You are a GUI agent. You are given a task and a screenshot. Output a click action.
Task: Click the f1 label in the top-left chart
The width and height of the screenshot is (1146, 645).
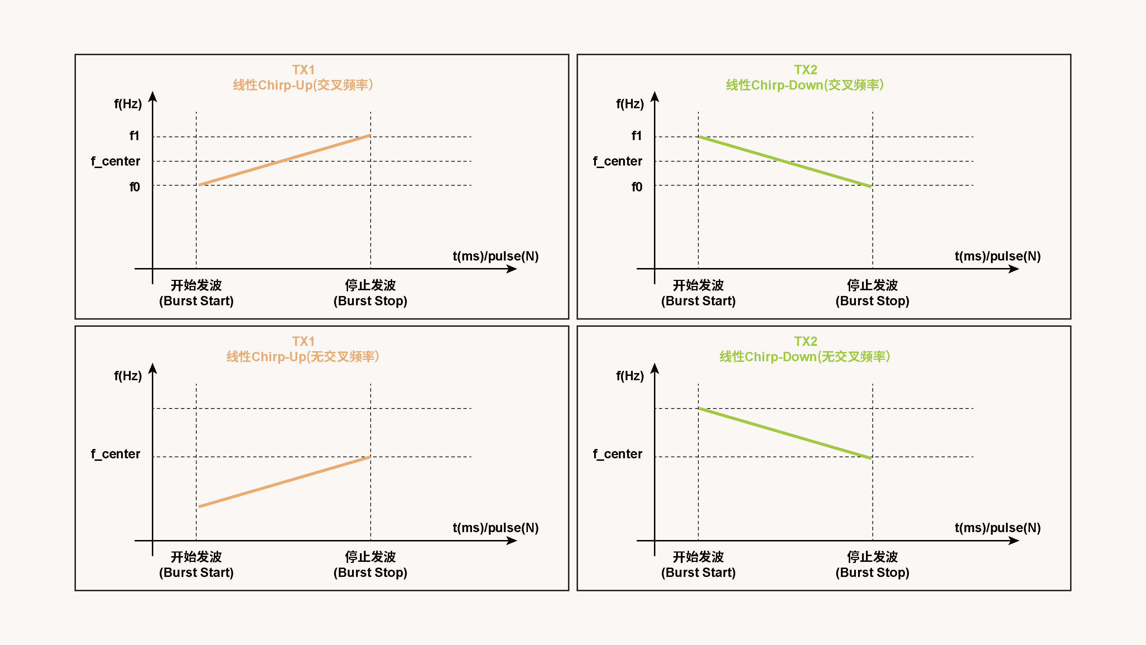(x=134, y=136)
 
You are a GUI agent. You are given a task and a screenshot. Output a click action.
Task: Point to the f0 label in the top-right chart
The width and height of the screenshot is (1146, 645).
(x=637, y=187)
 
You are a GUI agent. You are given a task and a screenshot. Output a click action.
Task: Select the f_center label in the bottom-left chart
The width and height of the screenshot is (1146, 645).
(x=116, y=454)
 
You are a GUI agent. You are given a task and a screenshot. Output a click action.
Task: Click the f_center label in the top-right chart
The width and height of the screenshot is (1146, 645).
(x=617, y=161)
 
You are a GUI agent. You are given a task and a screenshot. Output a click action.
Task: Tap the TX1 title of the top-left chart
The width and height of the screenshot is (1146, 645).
(x=303, y=70)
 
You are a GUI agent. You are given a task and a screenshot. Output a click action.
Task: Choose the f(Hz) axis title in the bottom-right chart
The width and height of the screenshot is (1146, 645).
(x=630, y=376)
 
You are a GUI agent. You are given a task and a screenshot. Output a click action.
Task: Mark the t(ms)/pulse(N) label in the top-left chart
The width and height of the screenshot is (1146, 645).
(x=496, y=257)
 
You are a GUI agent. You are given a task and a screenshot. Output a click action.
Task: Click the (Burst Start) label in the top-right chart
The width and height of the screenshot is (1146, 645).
(x=698, y=301)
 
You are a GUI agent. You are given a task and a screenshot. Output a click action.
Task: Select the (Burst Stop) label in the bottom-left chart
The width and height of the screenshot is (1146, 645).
(x=371, y=573)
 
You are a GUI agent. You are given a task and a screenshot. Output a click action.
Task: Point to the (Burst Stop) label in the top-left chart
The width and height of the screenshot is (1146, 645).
(x=371, y=301)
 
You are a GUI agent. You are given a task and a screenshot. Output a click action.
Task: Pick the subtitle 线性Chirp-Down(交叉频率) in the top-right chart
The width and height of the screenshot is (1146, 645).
(x=805, y=85)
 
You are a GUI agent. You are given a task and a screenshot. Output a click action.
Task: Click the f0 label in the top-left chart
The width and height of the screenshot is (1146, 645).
(x=134, y=187)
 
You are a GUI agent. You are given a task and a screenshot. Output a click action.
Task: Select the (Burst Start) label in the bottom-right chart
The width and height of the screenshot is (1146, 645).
(x=698, y=573)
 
